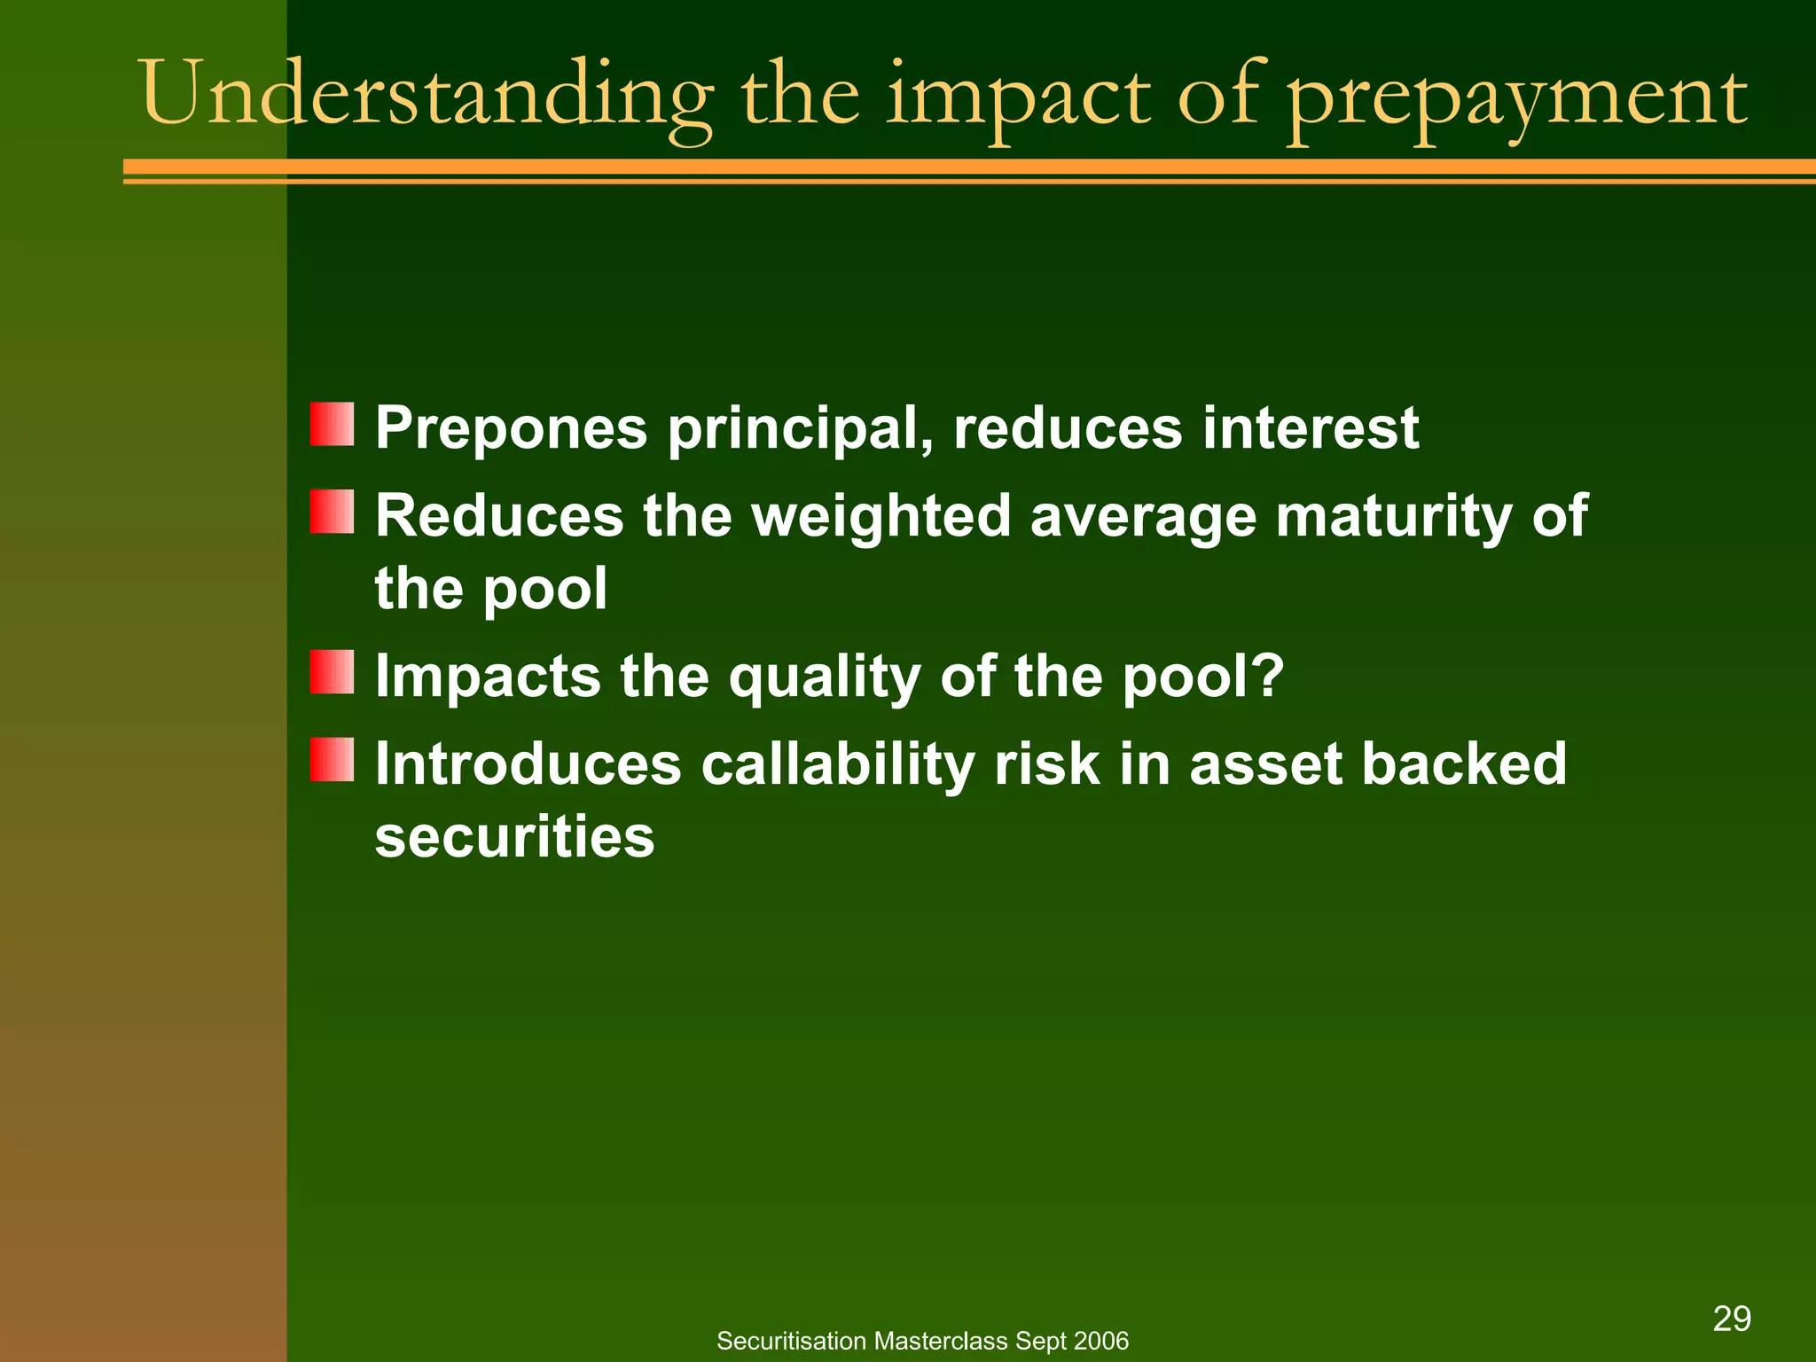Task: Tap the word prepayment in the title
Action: point(1516,98)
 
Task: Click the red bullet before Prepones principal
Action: point(332,425)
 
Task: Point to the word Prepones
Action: point(511,428)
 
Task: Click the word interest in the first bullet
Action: point(1310,428)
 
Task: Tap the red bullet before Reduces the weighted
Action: point(332,513)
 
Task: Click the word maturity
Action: point(1393,517)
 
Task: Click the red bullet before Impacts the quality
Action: point(332,672)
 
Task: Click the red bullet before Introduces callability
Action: point(332,760)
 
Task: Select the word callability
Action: point(837,765)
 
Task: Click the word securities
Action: point(514,836)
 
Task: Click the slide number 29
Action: point(1732,1319)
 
